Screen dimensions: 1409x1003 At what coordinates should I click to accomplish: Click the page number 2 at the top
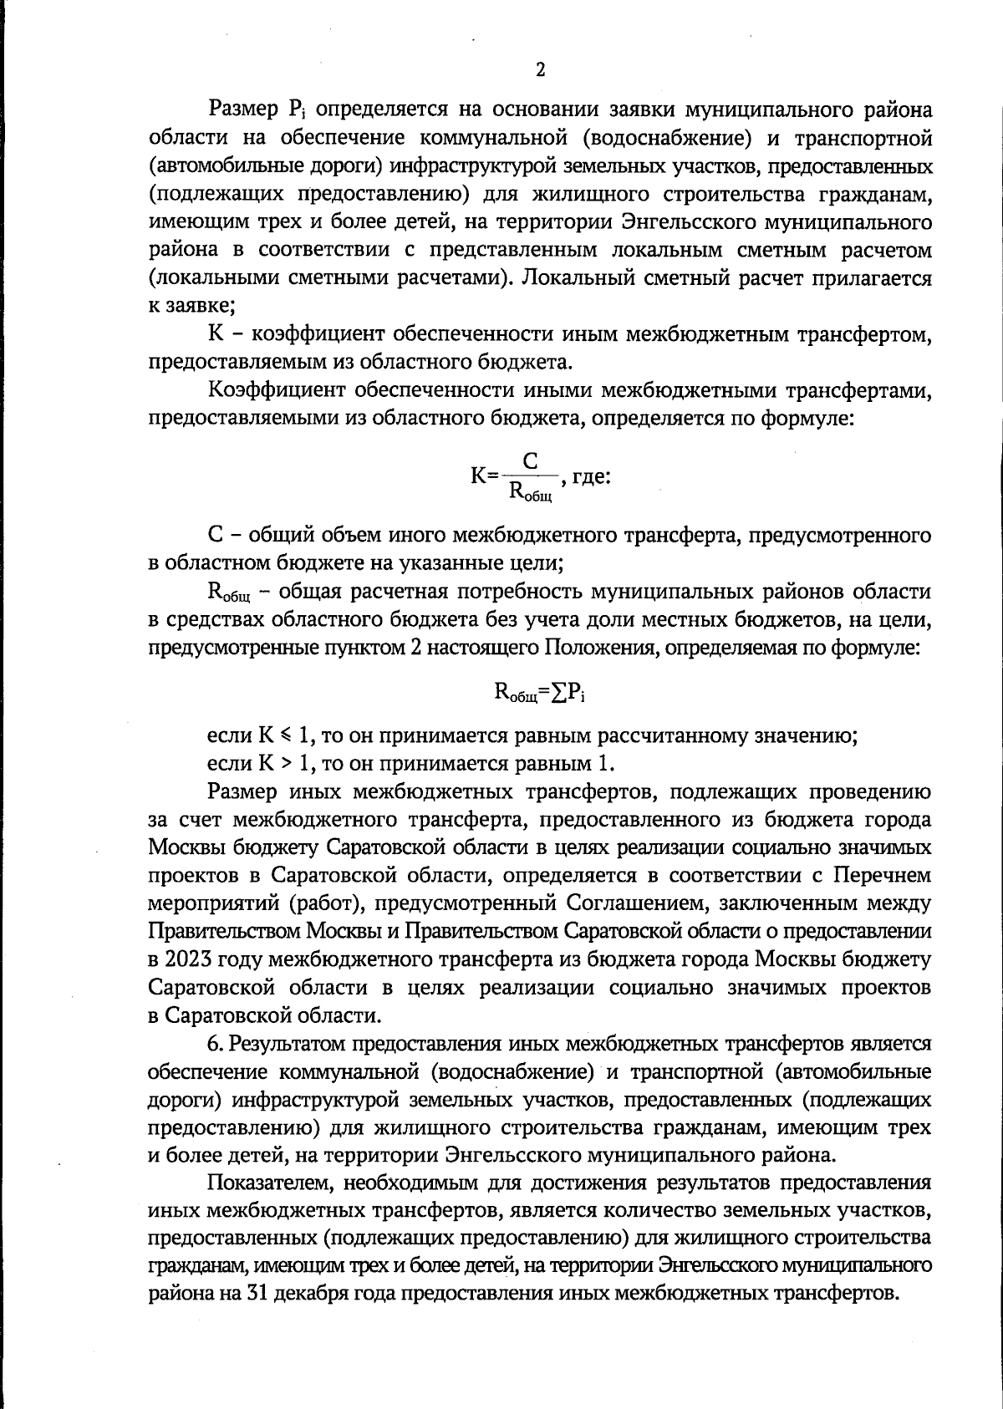tap(540, 70)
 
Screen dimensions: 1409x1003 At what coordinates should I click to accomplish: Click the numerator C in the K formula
tap(531, 460)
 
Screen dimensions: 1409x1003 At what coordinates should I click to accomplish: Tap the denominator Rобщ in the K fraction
tap(531, 492)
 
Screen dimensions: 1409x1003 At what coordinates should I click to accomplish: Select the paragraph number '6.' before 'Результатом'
tap(216, 1043)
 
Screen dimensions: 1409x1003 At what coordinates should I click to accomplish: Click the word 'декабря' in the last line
tap(322, 1294)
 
